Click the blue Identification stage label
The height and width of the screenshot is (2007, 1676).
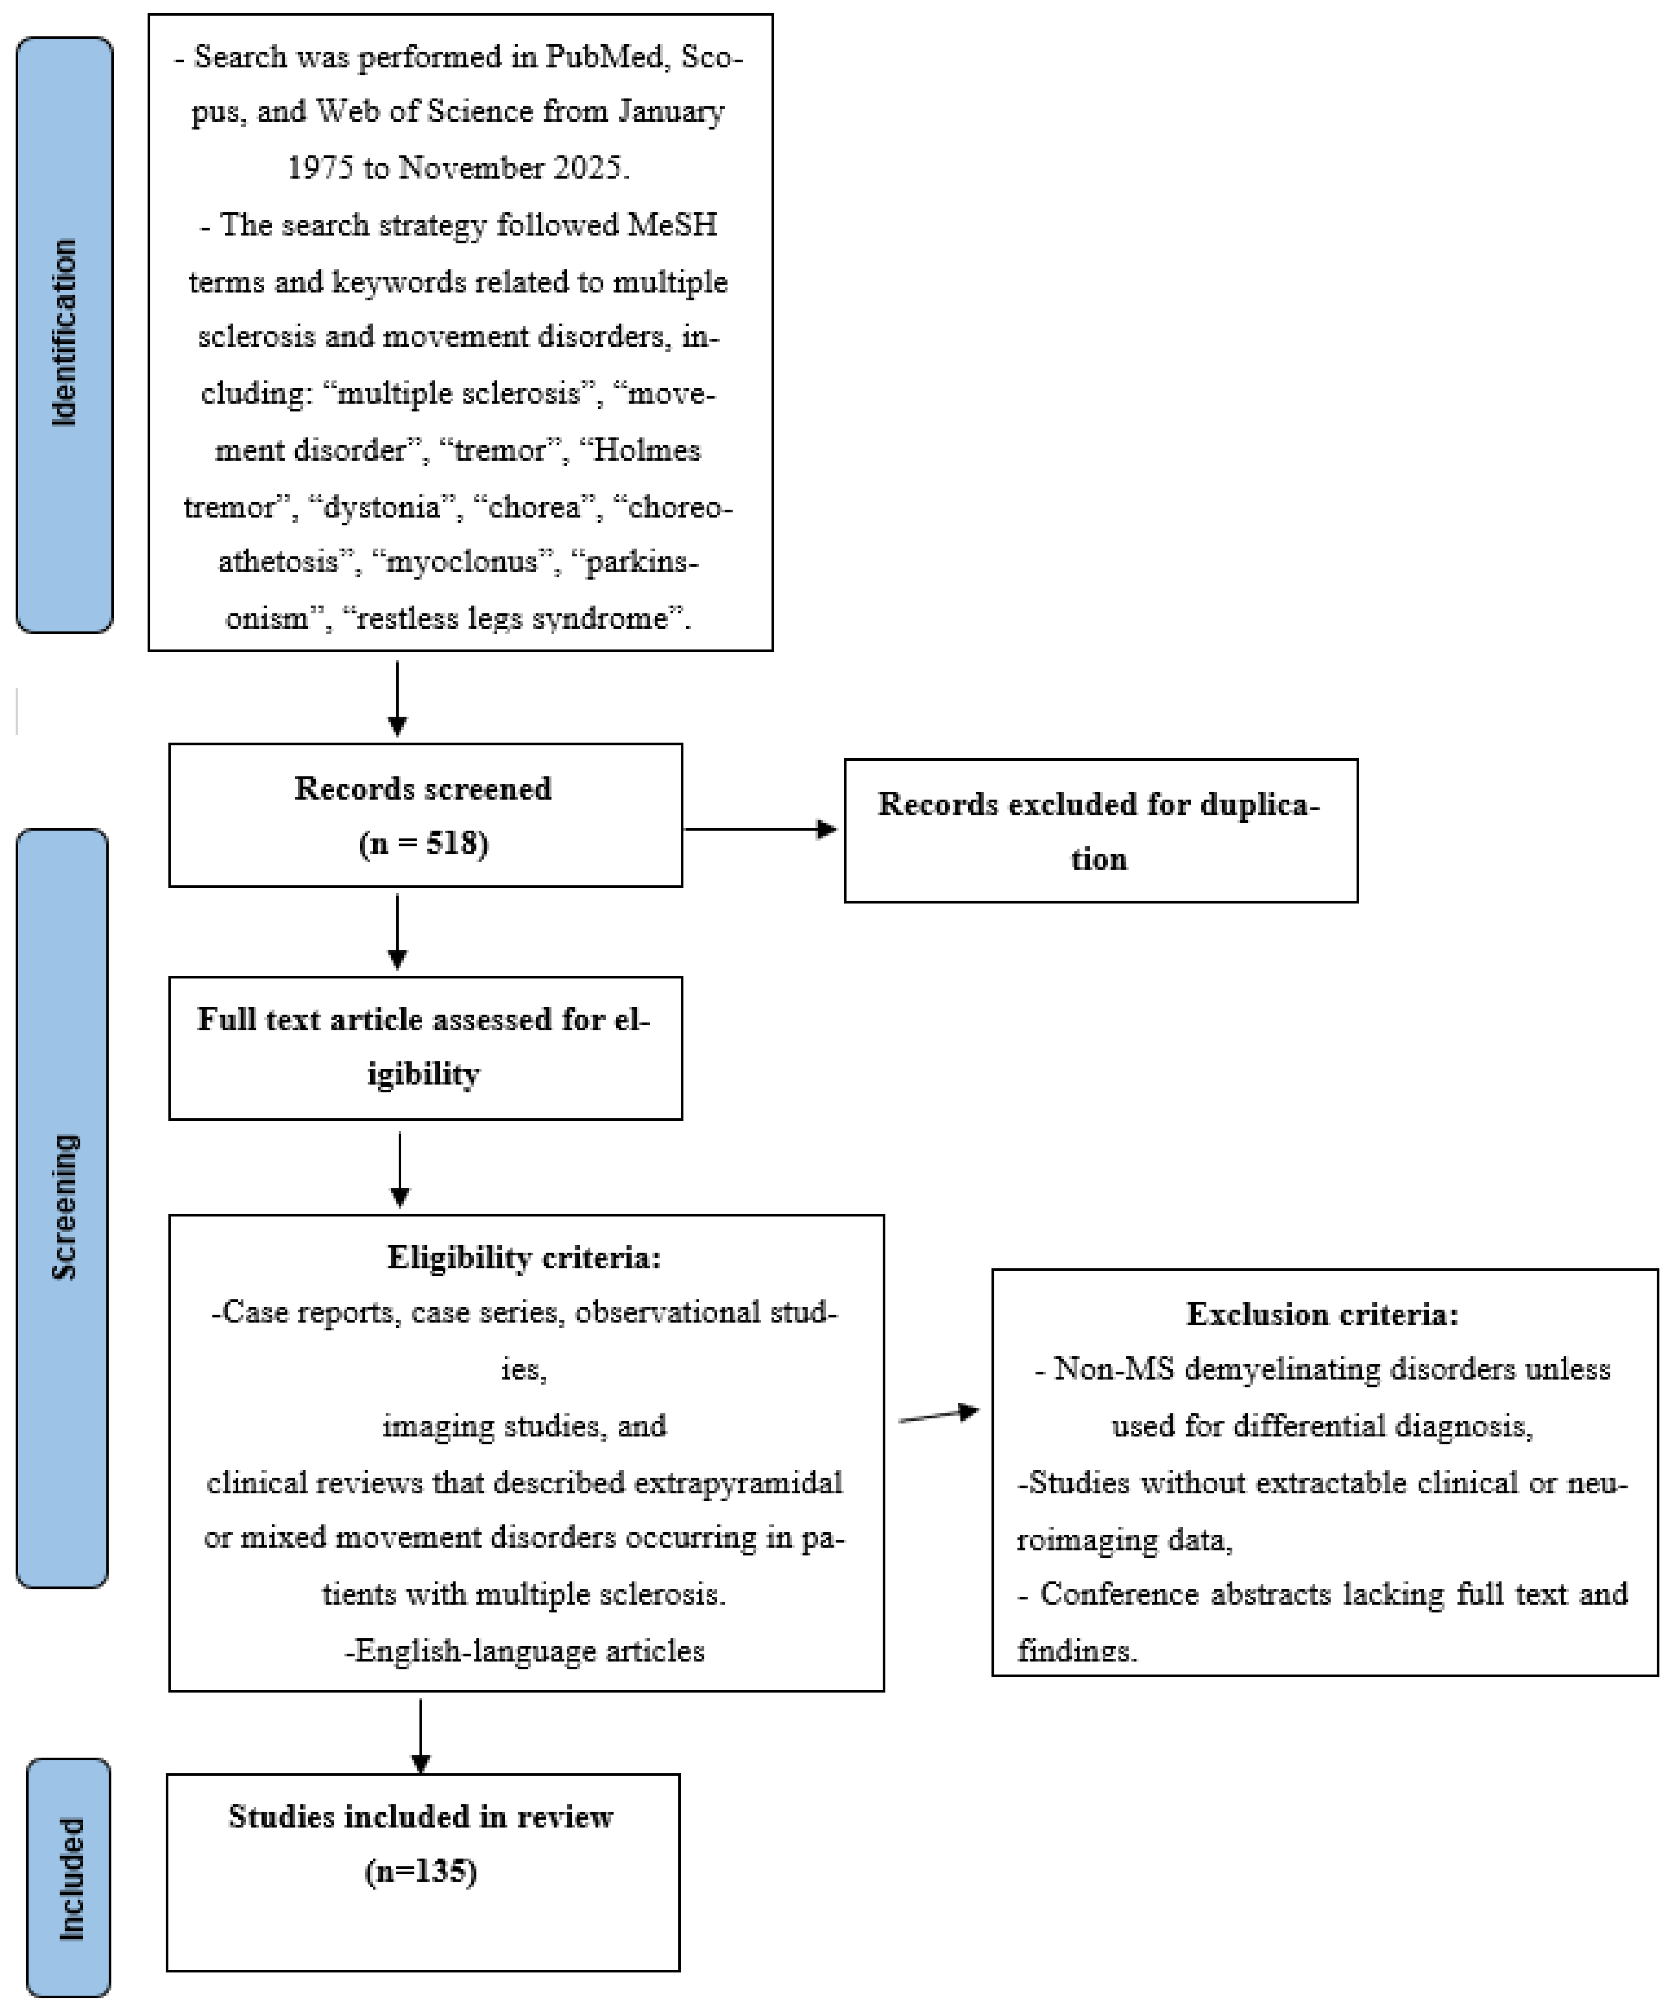click(64, 334)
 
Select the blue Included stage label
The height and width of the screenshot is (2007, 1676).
click(69, 1878)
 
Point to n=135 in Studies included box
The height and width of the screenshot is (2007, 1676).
click(421, 1871)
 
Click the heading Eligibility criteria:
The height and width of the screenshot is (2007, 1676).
click(524, 1258)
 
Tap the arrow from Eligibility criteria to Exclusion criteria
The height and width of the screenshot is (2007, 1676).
click(939, 1414)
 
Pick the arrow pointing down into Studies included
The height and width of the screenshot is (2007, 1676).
click(421, 1735)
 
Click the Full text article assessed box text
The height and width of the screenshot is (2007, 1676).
click(424, 1046)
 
